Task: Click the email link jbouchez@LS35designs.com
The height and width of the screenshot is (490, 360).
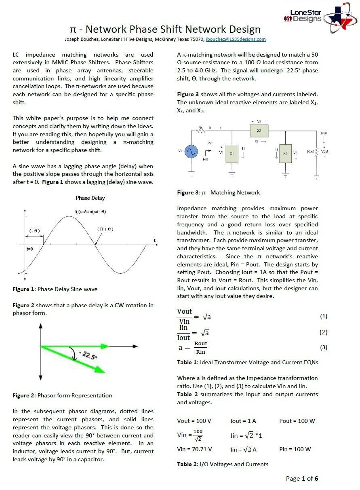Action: tap(236, 39)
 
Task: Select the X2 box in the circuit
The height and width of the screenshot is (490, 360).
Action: tap(259, 131)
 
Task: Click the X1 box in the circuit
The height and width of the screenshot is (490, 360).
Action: tap(232, 154)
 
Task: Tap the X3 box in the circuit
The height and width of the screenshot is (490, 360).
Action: tap(285, 153)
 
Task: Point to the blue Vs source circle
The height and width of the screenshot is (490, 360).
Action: tap(191, 152)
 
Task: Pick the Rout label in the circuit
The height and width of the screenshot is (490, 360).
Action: tap(310, 152)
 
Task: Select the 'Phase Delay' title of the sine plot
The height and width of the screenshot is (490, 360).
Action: tap(90, 198)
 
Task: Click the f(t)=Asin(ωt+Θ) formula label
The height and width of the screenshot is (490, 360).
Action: tap(90, 211)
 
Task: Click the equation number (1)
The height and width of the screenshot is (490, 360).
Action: tap(323, 316)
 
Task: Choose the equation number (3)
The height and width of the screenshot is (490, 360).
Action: tap(323, 347)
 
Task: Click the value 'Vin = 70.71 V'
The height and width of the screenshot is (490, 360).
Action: tap(194, 449)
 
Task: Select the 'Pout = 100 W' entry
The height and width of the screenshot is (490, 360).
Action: tap(297, 421)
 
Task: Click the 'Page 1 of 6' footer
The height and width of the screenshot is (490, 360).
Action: tap(302, 479)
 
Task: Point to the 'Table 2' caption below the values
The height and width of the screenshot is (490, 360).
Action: tap(187, 464)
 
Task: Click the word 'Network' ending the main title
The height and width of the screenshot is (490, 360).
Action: tap(238, 30)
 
